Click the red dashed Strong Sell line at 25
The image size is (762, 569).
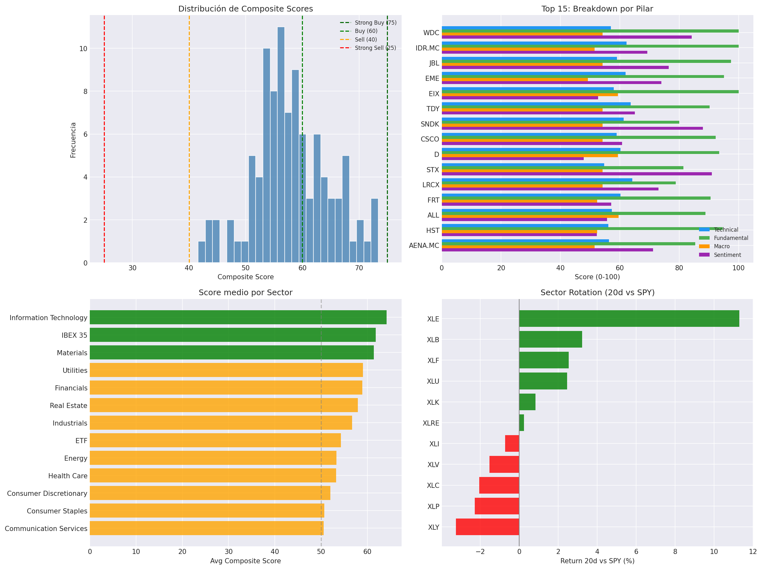[104, 138]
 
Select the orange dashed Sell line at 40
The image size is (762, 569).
[189, 138]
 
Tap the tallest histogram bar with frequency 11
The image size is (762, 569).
[281, 145]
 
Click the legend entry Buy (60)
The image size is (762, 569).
[366, 31]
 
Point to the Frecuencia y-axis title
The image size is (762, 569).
[73, 140]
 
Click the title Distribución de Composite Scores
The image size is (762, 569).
[245, 9]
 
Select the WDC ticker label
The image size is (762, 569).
[431, 33]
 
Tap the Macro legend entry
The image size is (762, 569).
[721, 246]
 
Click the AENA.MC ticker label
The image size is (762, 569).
[424, 246]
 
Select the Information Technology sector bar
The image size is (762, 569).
[238, 317]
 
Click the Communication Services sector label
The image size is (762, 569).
[46, 528]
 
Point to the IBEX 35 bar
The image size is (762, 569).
[233, 335]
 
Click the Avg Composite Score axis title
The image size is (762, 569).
[245, 561]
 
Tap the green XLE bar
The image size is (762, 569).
[629, 319]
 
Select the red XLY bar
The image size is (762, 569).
[487, 527]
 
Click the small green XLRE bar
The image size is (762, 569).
[521, 423]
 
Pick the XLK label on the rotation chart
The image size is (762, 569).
[433, 402]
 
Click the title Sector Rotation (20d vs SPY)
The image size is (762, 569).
[597, 292]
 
